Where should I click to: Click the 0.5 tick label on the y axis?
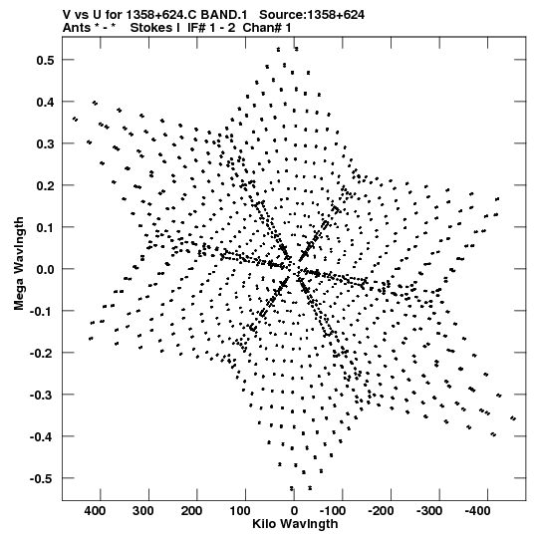[x=46, y=60]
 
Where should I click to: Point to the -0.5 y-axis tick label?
[x=42, y=478]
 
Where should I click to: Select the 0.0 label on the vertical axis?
[x=46, y=269]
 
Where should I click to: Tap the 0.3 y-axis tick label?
[x=46, y=143]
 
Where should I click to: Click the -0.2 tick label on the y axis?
[x=42, y=353]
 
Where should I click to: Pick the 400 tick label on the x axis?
[x=95, y=511]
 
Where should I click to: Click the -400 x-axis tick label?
[x=478, y=511]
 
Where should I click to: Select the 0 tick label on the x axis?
[x=294, y=511]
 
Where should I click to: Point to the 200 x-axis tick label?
[x=191, y=511]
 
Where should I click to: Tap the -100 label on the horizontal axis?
[x=333, y=511]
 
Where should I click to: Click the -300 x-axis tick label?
[x=429, y=511]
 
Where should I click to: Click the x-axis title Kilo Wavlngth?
[x=295, y=525]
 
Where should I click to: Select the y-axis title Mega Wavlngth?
[x=19, y=264]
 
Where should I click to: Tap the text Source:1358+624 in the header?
[x=312, y=15]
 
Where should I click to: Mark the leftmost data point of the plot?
[x=75, y=120]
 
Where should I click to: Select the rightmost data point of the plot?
[x=513, y=418]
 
